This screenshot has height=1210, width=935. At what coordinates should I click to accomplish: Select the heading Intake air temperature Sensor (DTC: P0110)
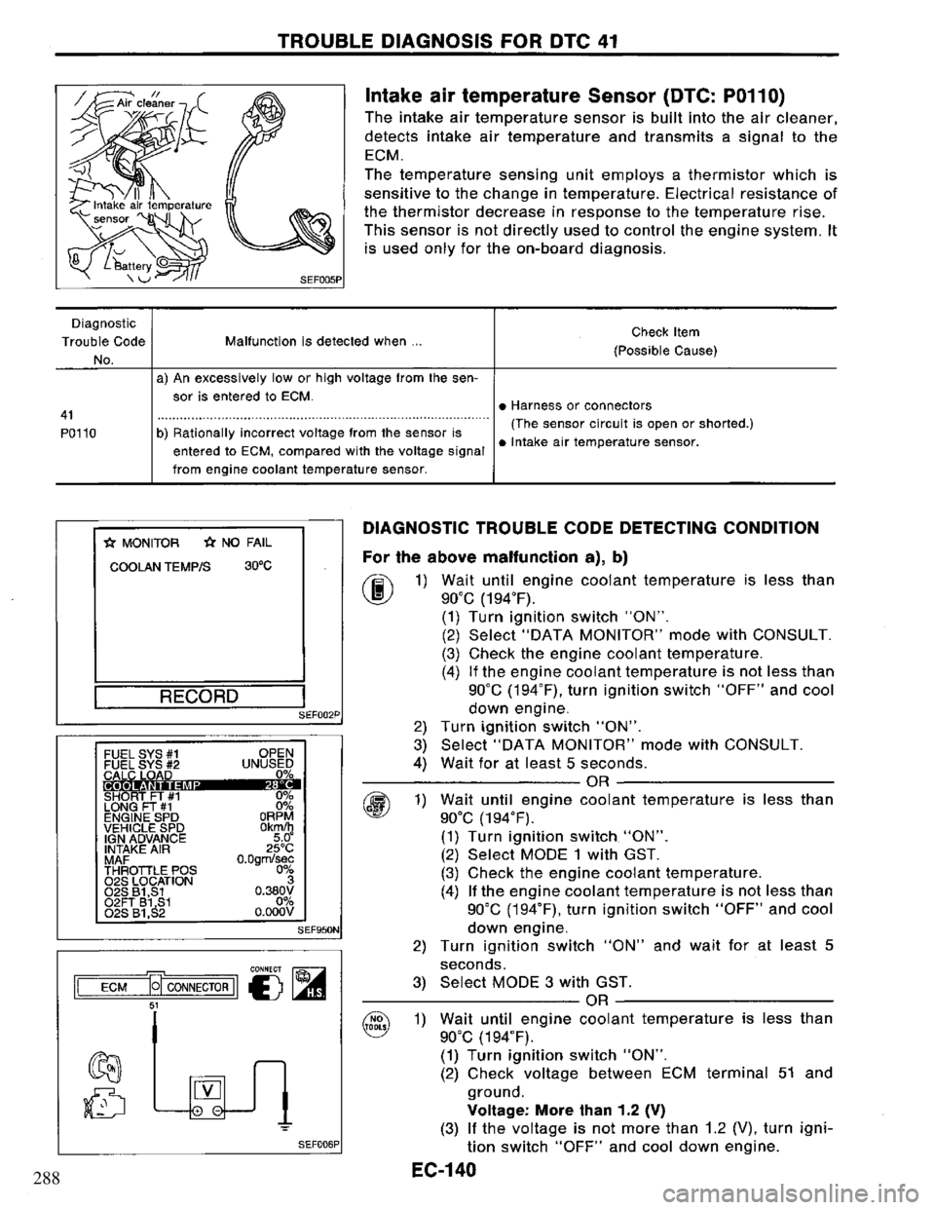click(574, 95)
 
